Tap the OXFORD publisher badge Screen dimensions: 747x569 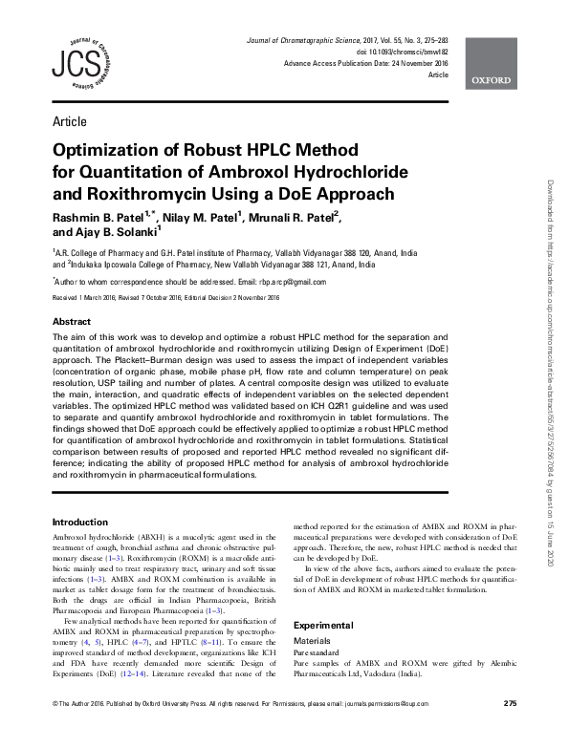490,81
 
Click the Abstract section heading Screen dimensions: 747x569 72,322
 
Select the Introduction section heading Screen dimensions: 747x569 80,523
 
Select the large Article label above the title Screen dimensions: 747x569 70,122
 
